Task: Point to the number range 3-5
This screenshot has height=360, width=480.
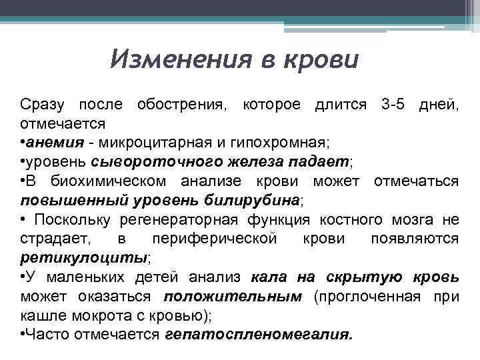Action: (395, 105)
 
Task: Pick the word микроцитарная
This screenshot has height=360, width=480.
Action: (155, 143)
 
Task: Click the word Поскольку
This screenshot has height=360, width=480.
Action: (73, 219)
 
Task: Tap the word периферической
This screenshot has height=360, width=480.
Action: (214, 239)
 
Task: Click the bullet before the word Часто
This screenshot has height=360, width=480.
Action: (23, 334)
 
